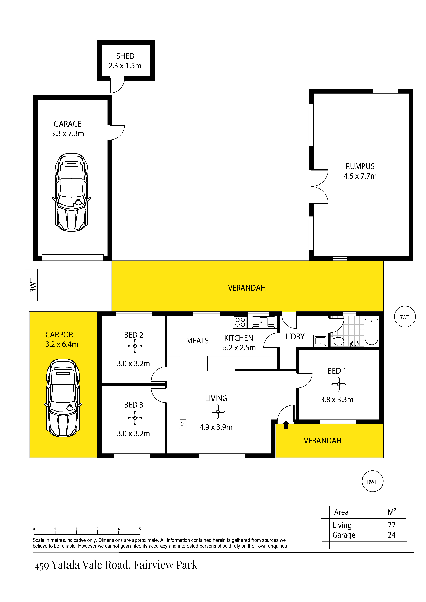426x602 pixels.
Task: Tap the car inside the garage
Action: pyautogui.click(x=71, y=192)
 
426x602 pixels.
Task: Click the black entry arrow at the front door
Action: pyautogui.click(x=286, y=425)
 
